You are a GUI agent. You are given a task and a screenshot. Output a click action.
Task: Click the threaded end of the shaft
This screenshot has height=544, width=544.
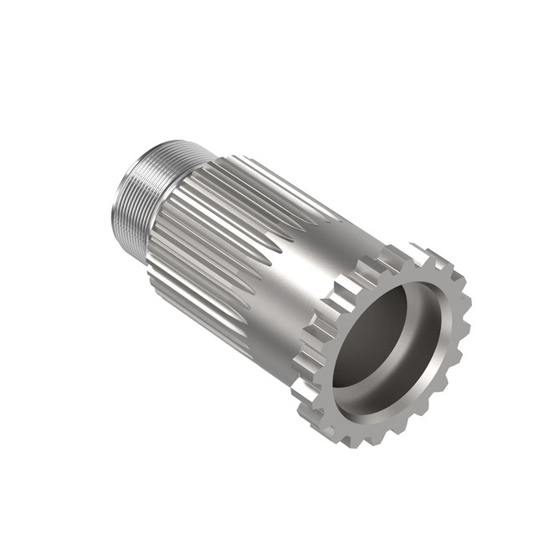click(x=134, y=197)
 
